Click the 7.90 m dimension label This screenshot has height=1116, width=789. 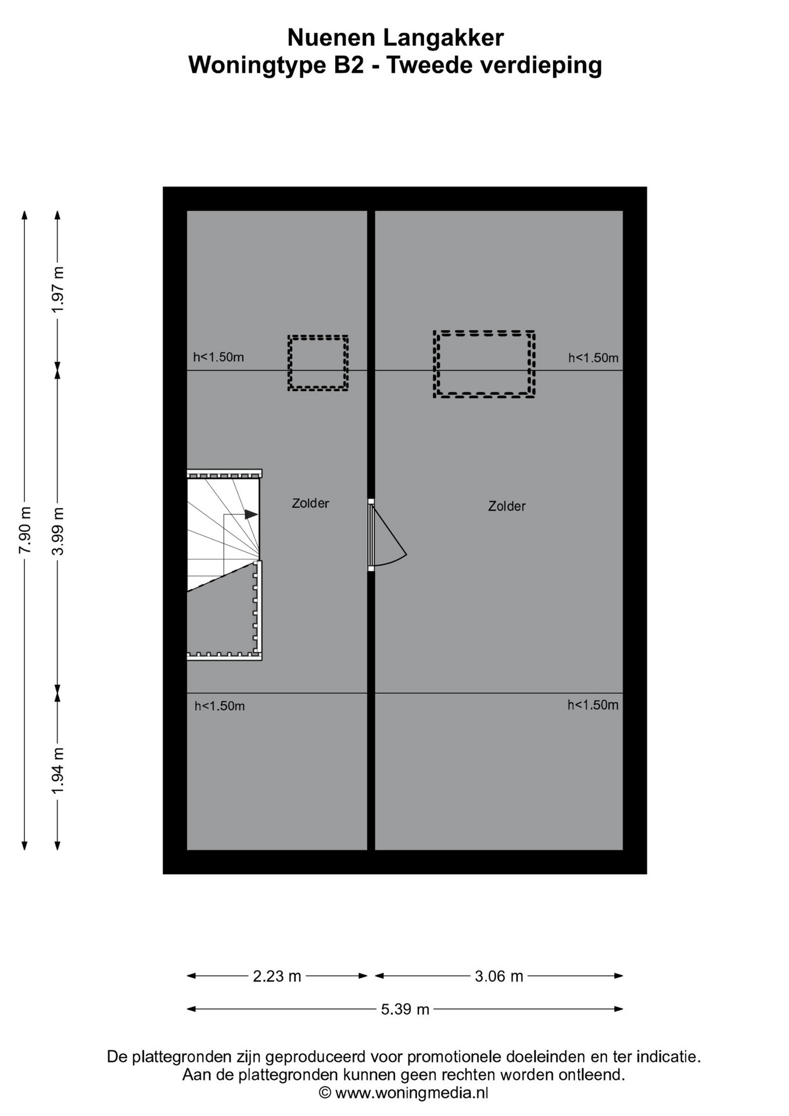[x=24, y=530]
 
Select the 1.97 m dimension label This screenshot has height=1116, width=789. [x=58, y=289]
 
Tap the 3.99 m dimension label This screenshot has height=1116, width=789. [x=58, y=530]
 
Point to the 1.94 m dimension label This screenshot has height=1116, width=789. [x=58, y=771]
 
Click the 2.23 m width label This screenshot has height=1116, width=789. [x=277, y=976]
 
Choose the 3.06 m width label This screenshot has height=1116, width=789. [x=499, y=976]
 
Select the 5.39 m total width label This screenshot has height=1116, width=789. [x=405, y=1009]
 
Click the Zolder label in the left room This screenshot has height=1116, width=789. [x=310, y=503]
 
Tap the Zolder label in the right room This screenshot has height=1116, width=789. [x=507, y=506]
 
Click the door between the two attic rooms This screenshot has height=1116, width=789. [x=386, y=535]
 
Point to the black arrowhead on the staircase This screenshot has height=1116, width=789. [x=251, y=514]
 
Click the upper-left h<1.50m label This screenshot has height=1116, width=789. [x=218, y=357]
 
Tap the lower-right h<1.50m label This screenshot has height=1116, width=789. [x=593, y=705]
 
